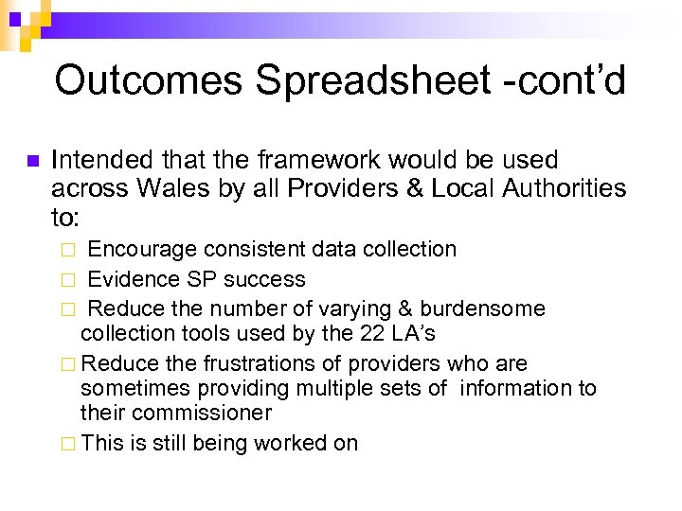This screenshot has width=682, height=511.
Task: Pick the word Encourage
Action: coord(142,250)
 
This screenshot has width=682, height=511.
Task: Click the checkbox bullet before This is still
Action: coord(68,444)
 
